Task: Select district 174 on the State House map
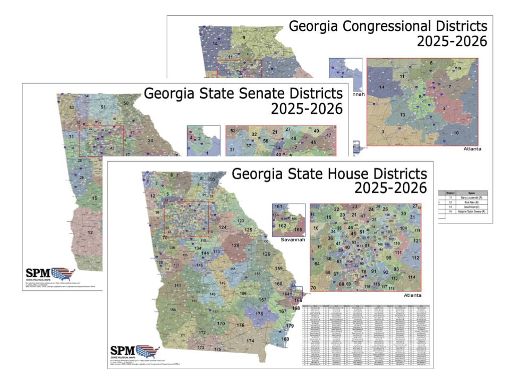tap(250, 340)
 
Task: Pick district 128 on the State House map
tap(235, 245)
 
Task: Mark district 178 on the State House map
tap(259, 314)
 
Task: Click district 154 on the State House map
tap(173, 310)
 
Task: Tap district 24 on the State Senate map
tap(150, 140)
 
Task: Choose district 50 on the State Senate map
tap(126, 103)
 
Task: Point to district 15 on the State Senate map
tap(95, 198)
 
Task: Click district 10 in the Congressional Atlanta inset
tap(455, 132)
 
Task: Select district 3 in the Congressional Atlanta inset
tap(382, 131)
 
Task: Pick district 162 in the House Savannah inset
tap(282, 226)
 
